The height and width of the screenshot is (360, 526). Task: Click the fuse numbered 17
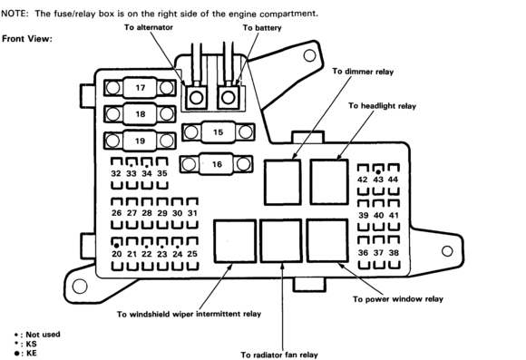140,88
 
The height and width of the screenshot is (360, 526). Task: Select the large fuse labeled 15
218,132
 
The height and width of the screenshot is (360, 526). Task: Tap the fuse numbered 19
140,141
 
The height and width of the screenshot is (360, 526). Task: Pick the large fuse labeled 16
217,164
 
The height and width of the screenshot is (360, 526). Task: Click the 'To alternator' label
148,27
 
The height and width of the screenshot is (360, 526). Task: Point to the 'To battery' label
262,27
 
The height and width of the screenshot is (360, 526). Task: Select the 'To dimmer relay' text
363,72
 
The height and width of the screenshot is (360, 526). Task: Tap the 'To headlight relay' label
382,106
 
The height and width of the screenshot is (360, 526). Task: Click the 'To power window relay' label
398,299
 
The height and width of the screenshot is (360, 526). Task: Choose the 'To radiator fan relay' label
279,355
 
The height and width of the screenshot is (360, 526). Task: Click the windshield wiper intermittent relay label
189,314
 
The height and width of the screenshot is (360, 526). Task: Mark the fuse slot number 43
378,180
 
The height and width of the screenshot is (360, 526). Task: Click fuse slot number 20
116,254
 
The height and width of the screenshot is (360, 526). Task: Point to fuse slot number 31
192,213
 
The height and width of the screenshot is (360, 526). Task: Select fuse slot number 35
162,173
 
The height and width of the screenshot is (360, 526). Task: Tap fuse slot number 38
394,253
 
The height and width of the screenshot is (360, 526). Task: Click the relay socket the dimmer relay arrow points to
282,182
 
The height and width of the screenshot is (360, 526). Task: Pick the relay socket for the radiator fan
281,241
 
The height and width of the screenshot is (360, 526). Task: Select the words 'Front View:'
27,39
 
